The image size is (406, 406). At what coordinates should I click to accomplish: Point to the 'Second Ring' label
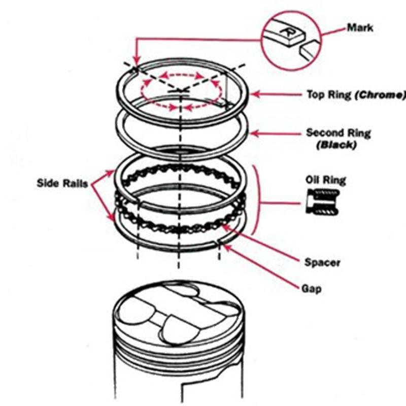tap(338, 133)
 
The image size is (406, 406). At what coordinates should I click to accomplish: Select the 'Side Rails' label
tap(62, 183)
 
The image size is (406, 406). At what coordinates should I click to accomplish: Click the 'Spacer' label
tap(322, 262)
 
